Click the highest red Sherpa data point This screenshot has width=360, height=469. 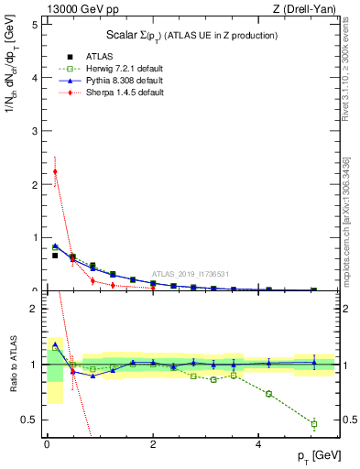[x=55, y=171]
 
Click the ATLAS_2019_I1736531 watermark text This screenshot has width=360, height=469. [x=191, y=273]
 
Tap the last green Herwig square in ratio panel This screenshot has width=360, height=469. [x=313, y=423]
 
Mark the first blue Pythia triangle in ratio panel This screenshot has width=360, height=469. [x=55, y=345]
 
